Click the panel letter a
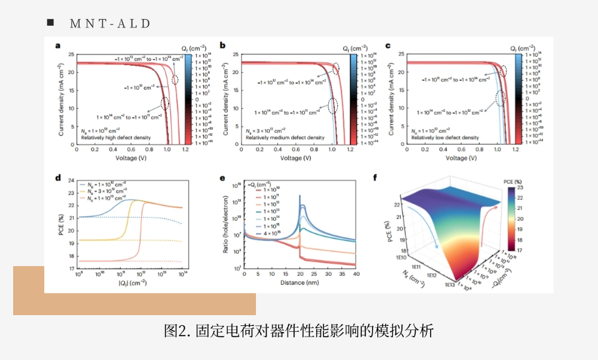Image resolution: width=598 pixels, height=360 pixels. (x=57, y=45)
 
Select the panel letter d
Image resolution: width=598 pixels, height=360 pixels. (x=57, y=178)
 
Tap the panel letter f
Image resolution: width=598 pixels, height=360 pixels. (x=391, y=178)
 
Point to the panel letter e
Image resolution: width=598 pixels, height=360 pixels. (x=222, y=178)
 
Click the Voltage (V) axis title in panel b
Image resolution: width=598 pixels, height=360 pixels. (x=295, y=158)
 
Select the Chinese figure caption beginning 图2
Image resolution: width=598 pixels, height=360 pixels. (x=298, y=330)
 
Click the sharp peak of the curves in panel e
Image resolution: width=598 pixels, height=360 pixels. (x=300, y=197)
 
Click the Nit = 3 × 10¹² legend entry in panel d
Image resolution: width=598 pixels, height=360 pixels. (x=109, y=191)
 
